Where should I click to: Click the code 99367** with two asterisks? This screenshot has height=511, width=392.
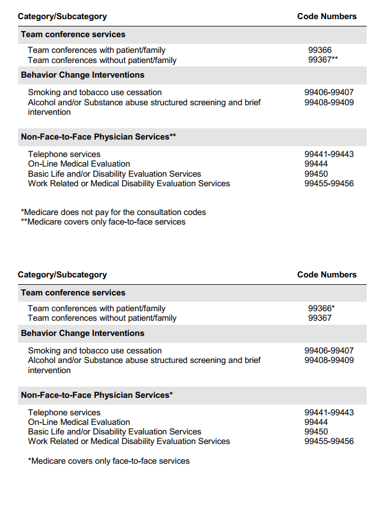coord(323,60)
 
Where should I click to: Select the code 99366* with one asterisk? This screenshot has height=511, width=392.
coord(321,308)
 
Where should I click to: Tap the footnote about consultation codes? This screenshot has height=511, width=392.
coord(113,212)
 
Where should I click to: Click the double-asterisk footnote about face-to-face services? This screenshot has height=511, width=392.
coord(103,222)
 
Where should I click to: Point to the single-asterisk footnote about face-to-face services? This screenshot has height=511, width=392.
coord(109,461)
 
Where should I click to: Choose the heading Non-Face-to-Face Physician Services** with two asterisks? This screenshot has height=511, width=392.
coord(99,137)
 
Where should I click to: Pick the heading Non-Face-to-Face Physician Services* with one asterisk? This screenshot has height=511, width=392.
coord(97,395)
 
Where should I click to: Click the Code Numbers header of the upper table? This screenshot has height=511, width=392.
coord(327,16)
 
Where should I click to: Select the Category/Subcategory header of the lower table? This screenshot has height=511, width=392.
coord(62,275)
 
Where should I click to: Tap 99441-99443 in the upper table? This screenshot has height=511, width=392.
coord(329,154)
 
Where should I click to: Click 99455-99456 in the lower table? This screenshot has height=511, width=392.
coord(329,441)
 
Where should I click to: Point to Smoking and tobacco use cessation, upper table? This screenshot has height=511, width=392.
coord(95,92)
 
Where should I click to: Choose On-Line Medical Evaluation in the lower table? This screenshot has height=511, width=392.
coord(79,422)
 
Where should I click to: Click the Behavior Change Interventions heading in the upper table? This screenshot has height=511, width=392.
coord(83,75)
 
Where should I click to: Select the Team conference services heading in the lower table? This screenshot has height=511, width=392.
coord(73,293)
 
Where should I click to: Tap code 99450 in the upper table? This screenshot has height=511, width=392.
coord(316,174)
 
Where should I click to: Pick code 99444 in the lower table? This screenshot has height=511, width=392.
coord(316,422)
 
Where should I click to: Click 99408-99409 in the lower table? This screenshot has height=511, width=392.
coord(329,360)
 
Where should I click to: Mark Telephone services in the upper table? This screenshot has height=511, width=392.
coord(64,154)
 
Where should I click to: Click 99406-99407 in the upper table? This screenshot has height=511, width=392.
coord(329,92)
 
